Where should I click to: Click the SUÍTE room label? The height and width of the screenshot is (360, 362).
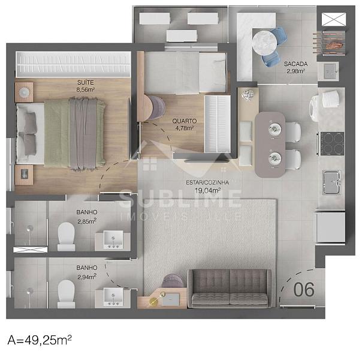86,82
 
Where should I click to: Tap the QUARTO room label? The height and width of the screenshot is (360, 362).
185,121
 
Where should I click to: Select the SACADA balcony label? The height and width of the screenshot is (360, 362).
295,64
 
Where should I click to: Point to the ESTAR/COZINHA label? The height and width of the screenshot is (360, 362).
207,182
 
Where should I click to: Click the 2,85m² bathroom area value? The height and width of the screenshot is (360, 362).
87,221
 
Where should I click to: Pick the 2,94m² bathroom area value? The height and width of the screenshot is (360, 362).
87,277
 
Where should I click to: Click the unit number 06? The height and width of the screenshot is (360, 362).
304,289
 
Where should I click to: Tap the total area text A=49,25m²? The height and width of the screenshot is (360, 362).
40,340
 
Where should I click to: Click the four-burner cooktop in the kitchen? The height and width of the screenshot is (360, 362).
333,144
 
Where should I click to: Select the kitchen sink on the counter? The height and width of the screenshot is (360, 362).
331,182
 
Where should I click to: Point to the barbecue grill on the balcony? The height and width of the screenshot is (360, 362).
333,43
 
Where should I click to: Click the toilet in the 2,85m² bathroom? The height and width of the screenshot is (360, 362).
67,236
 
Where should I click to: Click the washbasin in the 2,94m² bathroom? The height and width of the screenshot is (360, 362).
113,297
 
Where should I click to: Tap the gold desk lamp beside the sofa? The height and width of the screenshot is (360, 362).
156,299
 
